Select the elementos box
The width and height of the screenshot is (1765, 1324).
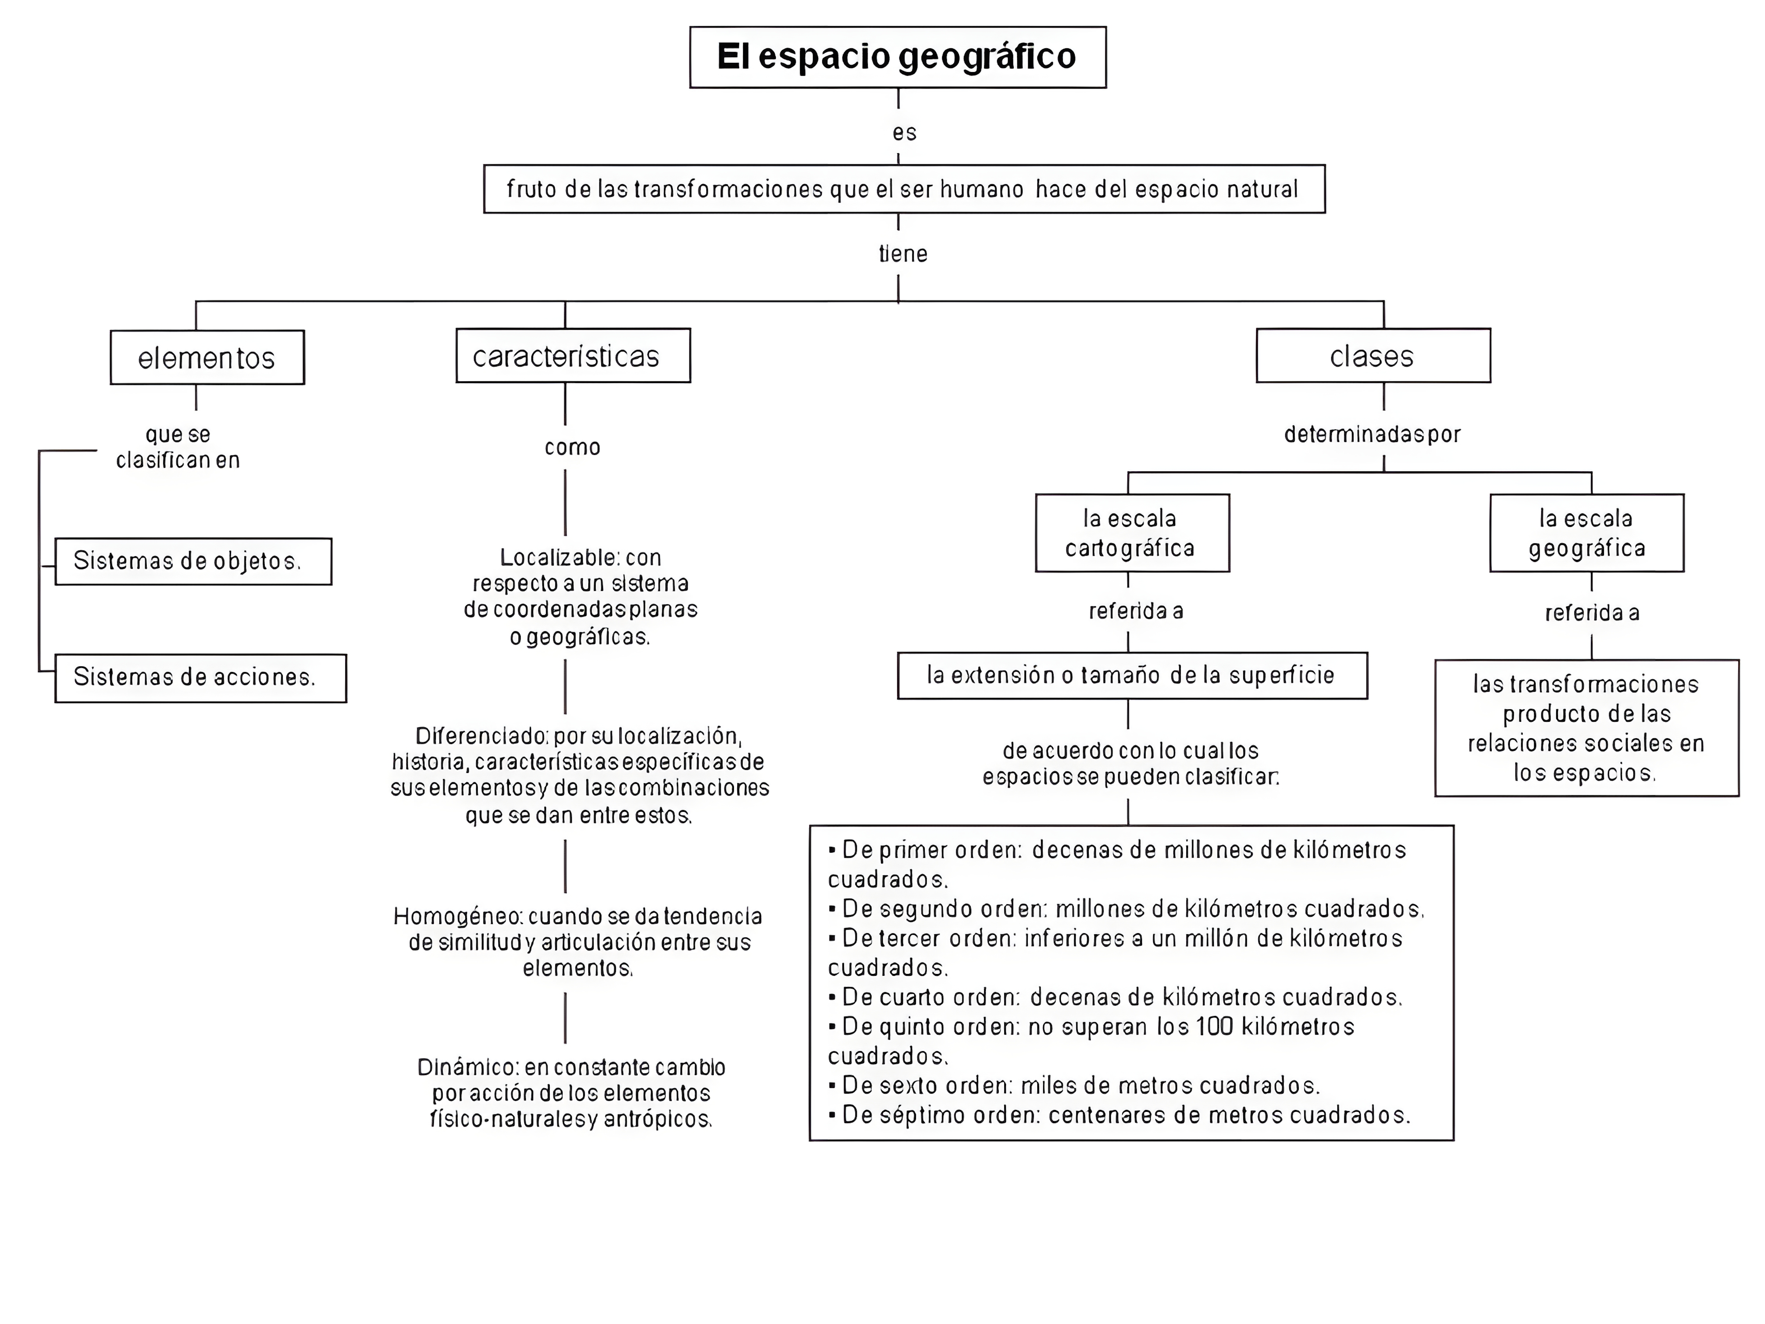(207, 357)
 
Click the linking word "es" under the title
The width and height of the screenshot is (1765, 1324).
(904, 132)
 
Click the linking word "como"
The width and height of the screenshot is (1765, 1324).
(572, 447)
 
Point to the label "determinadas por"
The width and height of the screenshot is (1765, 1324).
(1372, 434)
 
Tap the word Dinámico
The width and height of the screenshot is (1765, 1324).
(468, 1067)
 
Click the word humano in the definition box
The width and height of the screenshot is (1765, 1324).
(981, 189)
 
